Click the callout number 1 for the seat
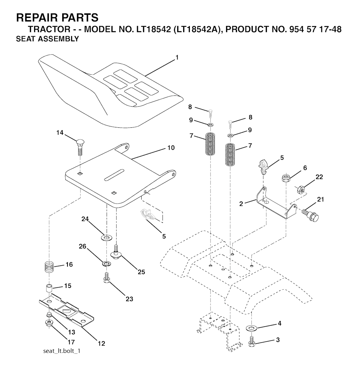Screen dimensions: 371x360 [x=177, y=57]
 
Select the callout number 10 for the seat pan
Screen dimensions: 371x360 [x=171, y=148]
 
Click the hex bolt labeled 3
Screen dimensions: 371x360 [x=252, y=342]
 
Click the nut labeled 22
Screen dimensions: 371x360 [x=301, y=190]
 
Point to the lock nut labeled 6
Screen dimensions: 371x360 [x=286, y=177]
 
